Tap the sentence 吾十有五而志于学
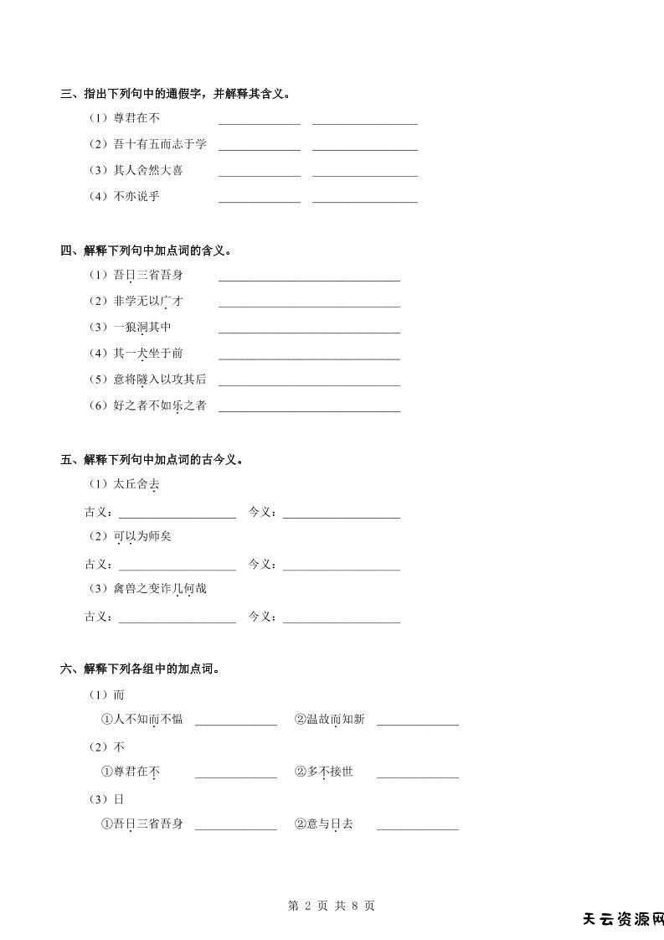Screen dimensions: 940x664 (x=160, y=144)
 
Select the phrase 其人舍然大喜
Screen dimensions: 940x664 (x=148, y=170)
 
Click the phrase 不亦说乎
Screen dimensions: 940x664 (x=136, y=196)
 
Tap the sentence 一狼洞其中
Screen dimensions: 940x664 (x=142, y=327)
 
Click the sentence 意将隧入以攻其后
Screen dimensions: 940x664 (x=160, y=380)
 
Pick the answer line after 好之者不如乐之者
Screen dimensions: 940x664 (x=309, y=410)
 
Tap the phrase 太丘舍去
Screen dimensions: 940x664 (x=136, y=484)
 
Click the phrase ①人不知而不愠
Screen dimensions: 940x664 (x=142, y=719)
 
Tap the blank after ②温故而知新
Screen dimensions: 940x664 (x=417, y=723)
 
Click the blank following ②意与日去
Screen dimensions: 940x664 (x=417, y=828)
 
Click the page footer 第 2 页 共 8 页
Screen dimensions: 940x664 (x=332, y=906)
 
